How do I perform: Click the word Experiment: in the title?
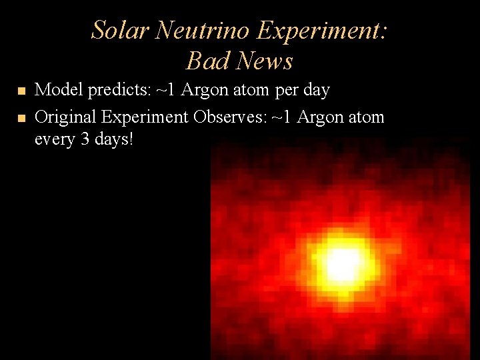tap(322, 31)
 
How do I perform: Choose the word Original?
tap(65, 117)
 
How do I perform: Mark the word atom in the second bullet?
tap(365, 117)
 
